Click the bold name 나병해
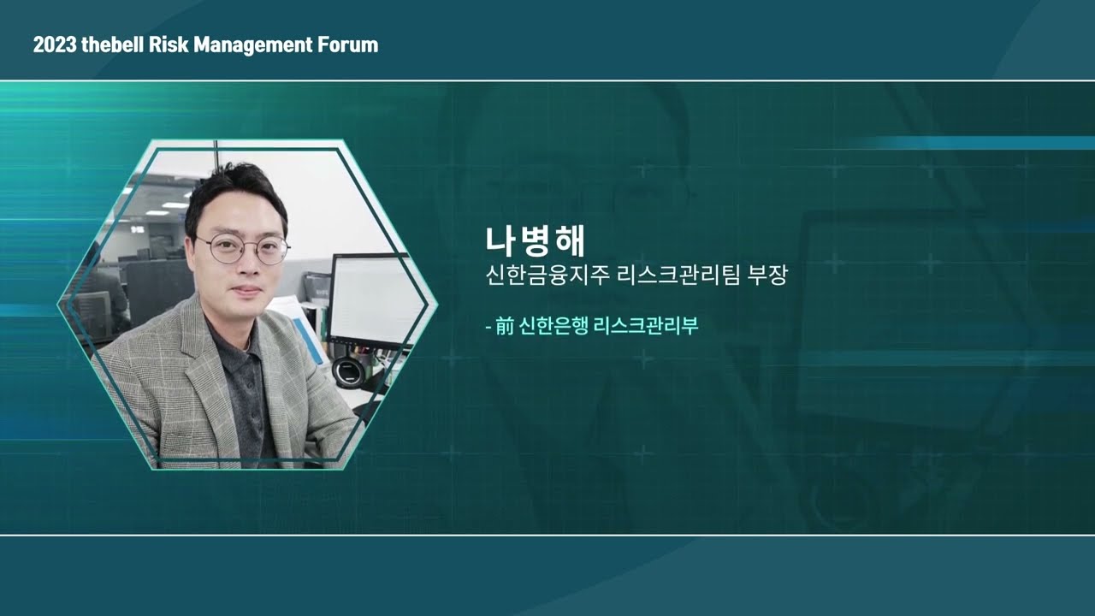pyautogui.click(x=534, y=241)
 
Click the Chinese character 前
pyautogui.click(x=503, y=326)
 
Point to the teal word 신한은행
pyautogui.click(x=551, y=326)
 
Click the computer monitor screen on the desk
pyautogui.click(x=375, y=299)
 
